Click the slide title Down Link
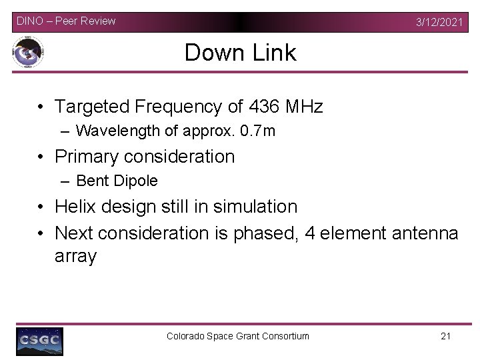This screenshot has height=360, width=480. [x=240, y=53]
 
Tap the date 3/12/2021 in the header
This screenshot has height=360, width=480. [x=439, y=22]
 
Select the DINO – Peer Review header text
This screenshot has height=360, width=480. [x=66, y=21]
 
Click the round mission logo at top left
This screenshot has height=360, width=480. [x=29, y=53]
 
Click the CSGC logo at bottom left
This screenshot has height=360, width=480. [x=39, y=341]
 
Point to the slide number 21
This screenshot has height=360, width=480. [x=446, y=336]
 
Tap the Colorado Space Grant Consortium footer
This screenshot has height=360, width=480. [x=238, y=336]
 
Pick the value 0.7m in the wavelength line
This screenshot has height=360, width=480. [x=258, y=131]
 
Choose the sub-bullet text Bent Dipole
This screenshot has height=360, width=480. [x=117, y=181]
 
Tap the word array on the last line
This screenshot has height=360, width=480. [x=75, y=256]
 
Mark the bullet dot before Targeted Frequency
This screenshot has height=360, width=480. [x=41, y=107]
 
